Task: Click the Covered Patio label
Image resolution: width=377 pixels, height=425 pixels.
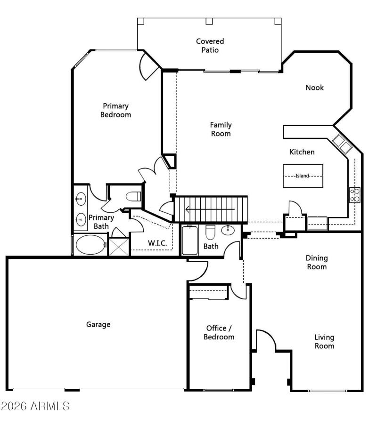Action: [210, 46]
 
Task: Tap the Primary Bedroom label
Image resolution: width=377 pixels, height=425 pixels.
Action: [115, 110]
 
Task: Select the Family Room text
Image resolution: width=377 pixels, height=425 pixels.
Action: [221, 129]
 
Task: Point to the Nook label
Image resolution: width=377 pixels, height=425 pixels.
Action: [315, 88]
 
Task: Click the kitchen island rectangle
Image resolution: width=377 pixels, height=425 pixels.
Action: [303, 176]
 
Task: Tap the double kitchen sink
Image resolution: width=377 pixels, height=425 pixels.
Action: [342, 143]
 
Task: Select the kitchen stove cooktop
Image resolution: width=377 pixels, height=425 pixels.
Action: [355, 195]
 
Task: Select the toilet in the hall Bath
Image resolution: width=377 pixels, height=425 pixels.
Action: [211, 232]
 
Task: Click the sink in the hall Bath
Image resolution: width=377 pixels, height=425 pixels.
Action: [228, 230]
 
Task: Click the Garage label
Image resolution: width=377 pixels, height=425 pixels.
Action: [98, 324]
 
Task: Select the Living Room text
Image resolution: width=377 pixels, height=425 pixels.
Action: [325, 342]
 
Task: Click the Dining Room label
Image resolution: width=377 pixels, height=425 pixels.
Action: [317, 262]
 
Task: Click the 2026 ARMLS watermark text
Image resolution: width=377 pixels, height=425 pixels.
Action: [35, 405]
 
